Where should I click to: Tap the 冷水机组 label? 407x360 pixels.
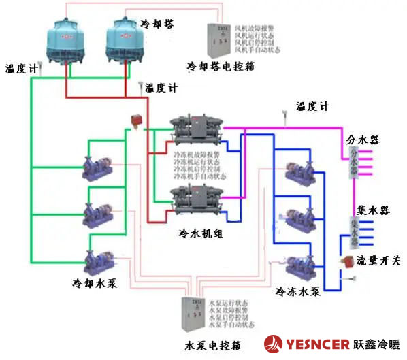(201, 233)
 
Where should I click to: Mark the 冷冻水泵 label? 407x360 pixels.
(297, 291)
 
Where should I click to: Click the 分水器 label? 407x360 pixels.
(363, 140)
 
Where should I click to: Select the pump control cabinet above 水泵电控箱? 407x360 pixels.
(195, 316)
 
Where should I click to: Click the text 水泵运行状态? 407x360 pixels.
(232, 301)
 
